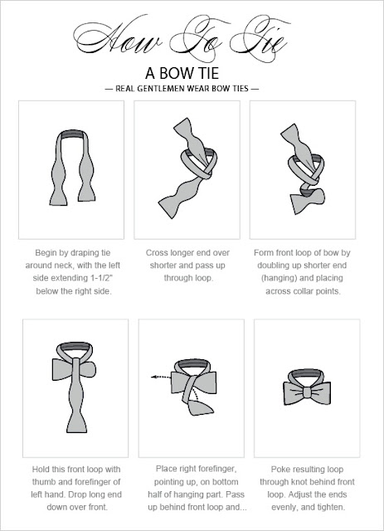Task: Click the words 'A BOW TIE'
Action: pos(191,71)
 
